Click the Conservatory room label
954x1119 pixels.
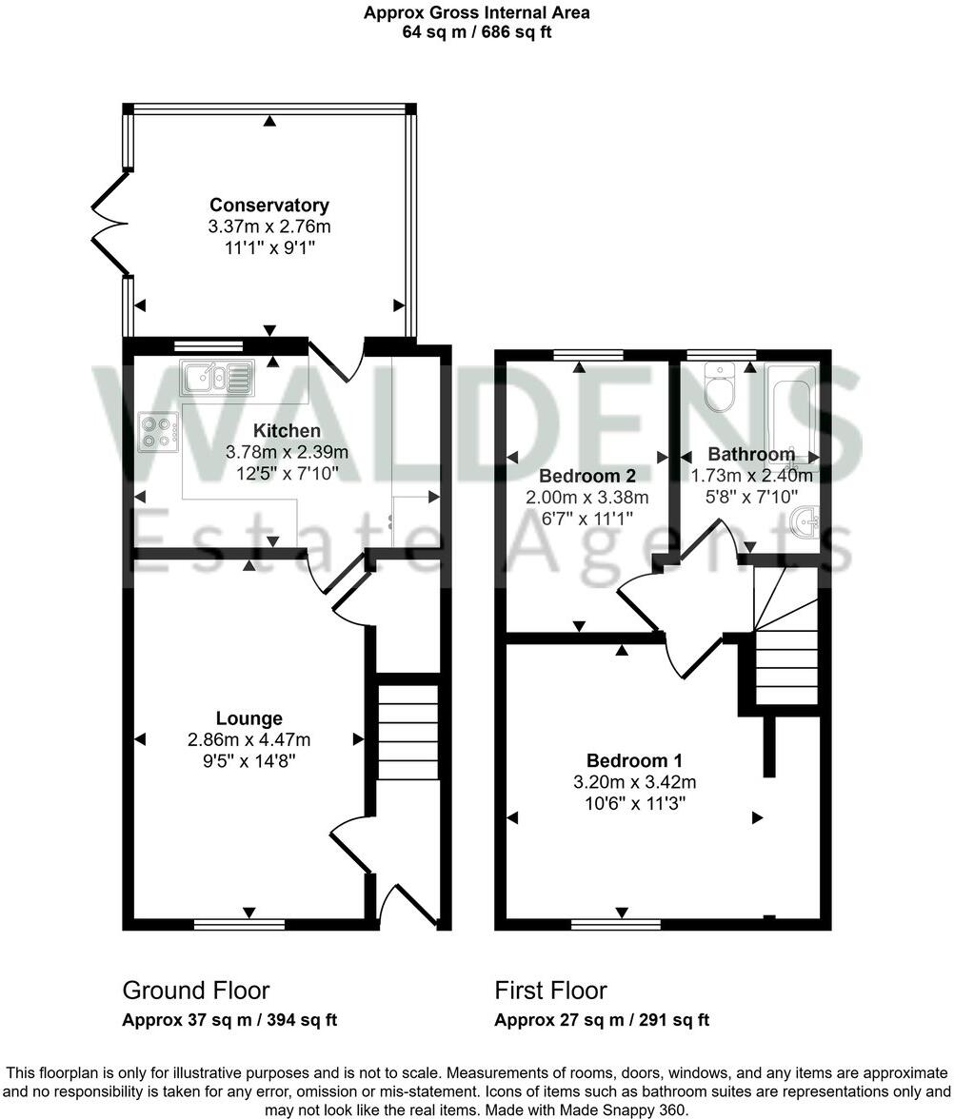click(269, 205)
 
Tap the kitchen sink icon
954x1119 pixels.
click(219, 378)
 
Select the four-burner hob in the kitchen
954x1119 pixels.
click(159, 431)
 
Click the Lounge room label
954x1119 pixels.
click(248, 718)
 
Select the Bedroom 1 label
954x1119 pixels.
click(634, 760)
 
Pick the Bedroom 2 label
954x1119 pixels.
click(586, 476)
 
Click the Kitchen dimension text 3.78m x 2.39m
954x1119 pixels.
click(288, 452)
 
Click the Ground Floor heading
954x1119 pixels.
click(196, 991)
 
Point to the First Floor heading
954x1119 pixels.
click(550, 991)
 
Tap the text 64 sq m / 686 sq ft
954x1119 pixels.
click(477, 31)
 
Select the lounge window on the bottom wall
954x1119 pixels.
click(239, 923)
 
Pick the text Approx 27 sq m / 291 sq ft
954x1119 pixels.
click(602, 1021)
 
